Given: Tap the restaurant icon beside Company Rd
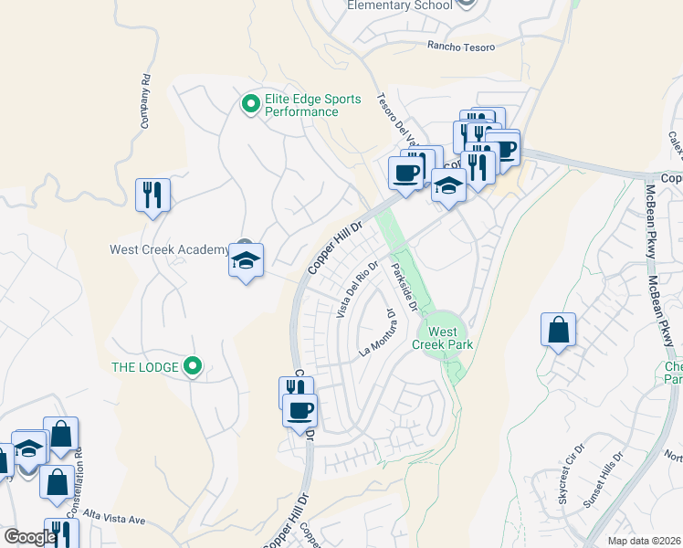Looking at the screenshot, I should coord(152,195).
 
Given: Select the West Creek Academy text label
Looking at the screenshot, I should coord(169,249).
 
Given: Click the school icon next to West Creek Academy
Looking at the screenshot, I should coord(246,261).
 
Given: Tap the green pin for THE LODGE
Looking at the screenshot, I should coord(192,367).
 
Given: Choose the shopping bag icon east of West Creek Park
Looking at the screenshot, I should coord(558,331).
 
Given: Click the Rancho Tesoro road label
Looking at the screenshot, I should coord(461,47).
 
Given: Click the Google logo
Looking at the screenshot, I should coord(29,537).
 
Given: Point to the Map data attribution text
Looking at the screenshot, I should coord(645,541).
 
